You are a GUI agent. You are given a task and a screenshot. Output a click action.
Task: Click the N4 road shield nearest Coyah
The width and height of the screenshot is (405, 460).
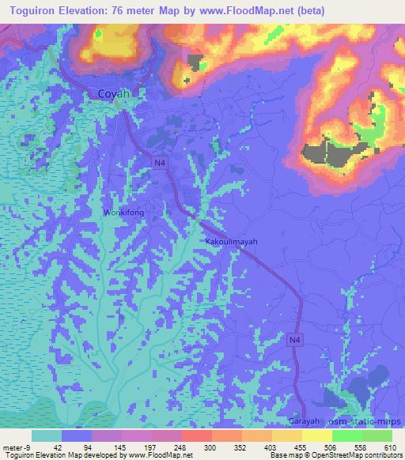click(161, 162)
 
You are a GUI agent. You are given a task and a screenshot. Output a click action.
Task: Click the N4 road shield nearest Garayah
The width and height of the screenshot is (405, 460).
click(294, 339)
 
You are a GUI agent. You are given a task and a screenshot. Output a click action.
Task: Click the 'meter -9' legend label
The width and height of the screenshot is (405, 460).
click(13, 447)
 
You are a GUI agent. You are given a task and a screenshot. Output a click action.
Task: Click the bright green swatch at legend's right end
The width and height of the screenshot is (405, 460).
click(377, 435)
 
